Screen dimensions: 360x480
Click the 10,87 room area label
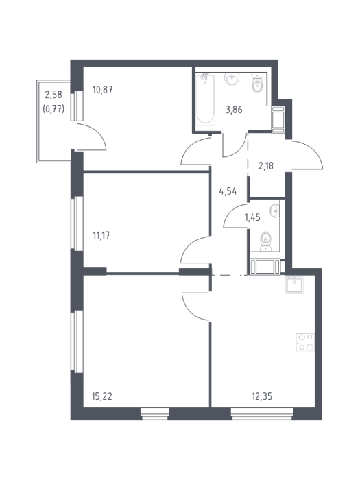click(103, 90)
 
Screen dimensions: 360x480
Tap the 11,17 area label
click(101, 236)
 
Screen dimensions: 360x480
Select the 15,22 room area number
click(102, 396)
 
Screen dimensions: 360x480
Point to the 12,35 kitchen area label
click(262, 396)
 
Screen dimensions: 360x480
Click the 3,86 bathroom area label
click(235, 110)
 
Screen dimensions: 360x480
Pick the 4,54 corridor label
click(228, 192)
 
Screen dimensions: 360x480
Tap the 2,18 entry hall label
click(266, 166)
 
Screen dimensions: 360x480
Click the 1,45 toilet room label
click(252, 217)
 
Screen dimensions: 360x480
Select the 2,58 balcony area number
click(53, 95)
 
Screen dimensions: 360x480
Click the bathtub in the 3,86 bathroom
click(206, 99)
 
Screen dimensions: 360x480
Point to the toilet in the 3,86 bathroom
click(257, 83)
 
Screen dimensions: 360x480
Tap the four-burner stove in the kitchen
click(305, 342)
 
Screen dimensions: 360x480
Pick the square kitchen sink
click(294, 285)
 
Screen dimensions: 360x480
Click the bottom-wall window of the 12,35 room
click(262, 413)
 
